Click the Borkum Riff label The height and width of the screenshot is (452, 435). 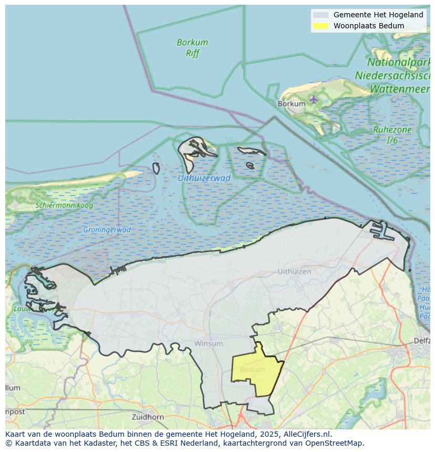click(x=192, y=48)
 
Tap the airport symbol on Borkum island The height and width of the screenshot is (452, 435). click(x=314, y=99)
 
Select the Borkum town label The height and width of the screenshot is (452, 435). click(x=291, y=104)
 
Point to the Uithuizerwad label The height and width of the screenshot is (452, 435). click(x=204, y=178)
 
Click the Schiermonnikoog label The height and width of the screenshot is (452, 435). click(x=64, y=205)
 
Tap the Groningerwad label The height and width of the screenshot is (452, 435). click(x=107, y=229)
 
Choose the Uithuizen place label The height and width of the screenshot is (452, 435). click(x=294, y=271)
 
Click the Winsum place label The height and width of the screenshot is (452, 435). click(x=209, y=343)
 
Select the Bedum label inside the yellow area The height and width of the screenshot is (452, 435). click(x=252, y=370)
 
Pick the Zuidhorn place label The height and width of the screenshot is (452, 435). click(x=148, y=417)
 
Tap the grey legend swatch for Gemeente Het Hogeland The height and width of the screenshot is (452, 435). click(x=320, y=15)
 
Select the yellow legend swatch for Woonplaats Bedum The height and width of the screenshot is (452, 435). click(x=320, y=26)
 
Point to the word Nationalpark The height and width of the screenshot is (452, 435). click(x=399, y=52)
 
